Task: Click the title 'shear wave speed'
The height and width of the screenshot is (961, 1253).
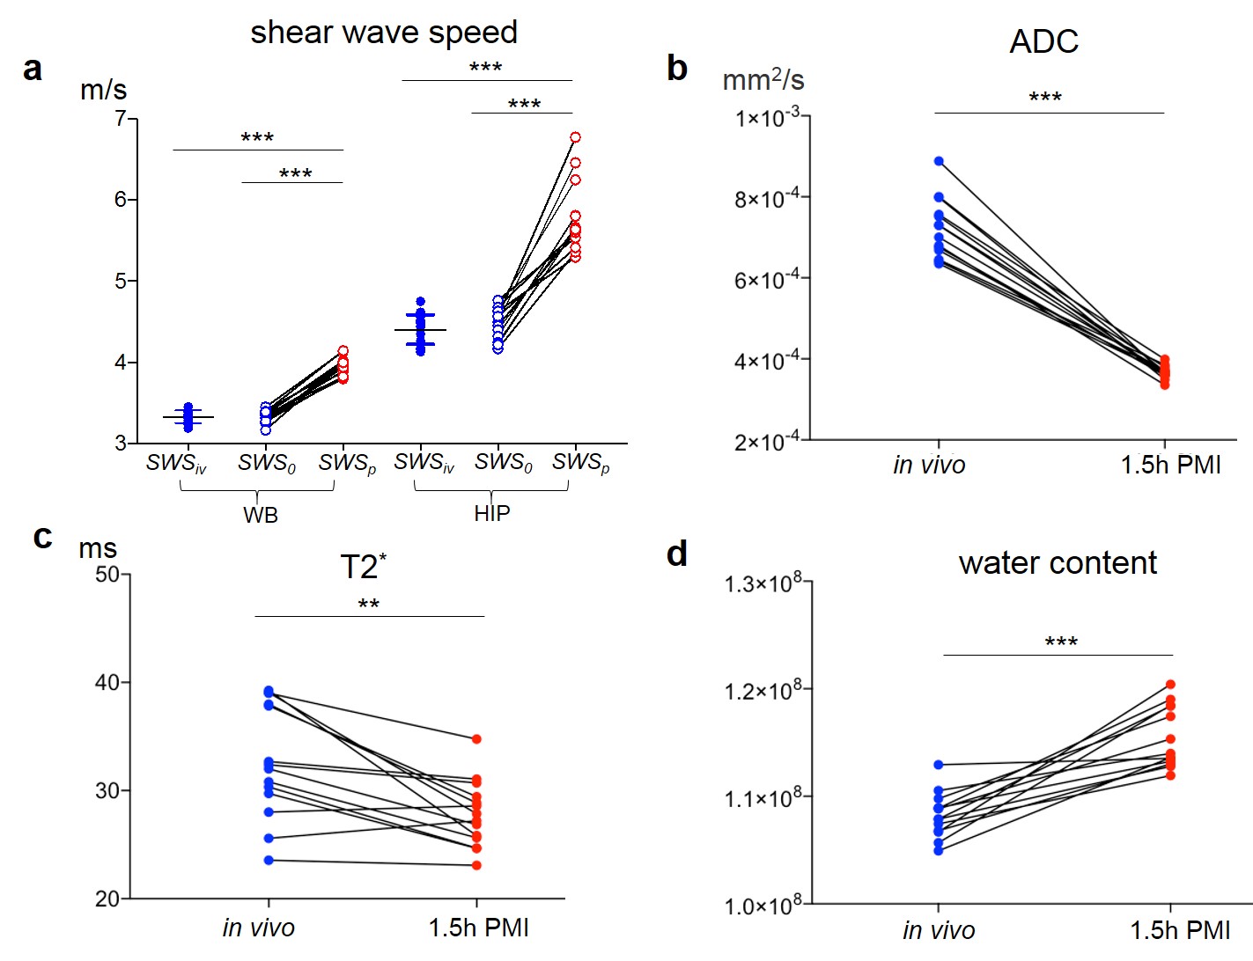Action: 384,33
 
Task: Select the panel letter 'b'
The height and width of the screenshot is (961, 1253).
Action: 676,69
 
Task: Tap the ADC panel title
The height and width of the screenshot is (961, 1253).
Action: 1043,42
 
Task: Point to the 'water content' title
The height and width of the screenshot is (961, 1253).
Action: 1057,563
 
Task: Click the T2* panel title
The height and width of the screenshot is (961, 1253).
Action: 363,567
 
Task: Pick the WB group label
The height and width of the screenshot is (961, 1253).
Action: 261,515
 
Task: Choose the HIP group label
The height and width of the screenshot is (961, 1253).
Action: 491,513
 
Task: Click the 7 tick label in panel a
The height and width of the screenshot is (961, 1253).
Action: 120,118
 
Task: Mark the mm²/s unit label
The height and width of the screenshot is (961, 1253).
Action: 763,80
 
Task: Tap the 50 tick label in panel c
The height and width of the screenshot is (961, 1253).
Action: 107,575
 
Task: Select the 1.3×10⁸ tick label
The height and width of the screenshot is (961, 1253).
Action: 763,583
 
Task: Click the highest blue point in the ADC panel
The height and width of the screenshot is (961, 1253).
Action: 939,161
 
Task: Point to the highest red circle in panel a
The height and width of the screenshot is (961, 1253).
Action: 575,137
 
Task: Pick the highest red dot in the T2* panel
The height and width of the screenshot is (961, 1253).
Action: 476,739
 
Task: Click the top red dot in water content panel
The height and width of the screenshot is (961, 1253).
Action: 1171,685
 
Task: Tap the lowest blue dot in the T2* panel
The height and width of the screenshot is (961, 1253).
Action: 269,860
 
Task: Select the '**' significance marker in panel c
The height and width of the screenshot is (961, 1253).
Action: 369,605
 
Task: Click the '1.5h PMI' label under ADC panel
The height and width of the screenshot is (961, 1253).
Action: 1170,465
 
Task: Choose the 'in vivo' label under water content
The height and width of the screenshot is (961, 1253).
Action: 939,930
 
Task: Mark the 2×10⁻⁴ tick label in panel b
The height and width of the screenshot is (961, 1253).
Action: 767,441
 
